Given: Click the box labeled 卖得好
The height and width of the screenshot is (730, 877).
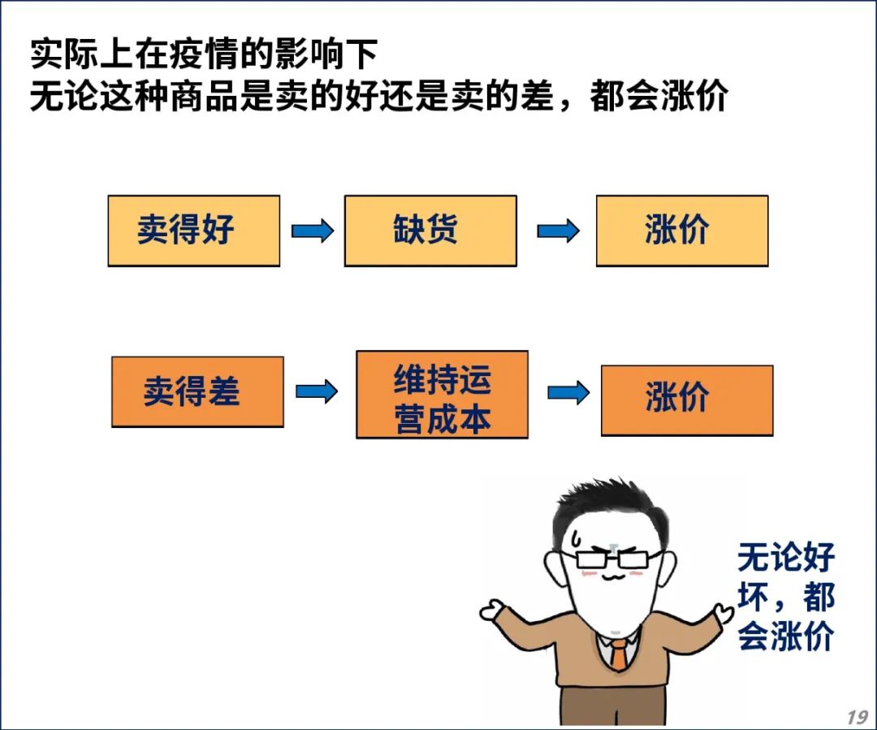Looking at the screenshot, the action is (193, 231).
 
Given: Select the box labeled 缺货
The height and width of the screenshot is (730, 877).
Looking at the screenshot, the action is (430, 231).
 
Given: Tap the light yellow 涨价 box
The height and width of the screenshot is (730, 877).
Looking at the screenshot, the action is (682, 231).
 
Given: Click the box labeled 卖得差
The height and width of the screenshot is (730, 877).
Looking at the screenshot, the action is (197, 391).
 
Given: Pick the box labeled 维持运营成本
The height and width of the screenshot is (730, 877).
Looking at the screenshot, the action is (442, 395).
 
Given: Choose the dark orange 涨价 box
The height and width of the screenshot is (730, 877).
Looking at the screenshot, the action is (687, 400).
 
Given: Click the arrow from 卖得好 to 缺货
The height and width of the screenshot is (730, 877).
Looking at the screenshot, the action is (313, 231).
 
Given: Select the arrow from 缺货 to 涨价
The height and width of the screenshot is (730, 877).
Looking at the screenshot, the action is (558, 231).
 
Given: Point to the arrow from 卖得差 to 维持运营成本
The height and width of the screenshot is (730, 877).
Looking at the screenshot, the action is (317, 391).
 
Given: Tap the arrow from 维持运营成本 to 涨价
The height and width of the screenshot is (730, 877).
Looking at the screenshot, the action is (568, 392).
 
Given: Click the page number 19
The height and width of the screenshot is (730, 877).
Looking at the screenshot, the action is (857, 716).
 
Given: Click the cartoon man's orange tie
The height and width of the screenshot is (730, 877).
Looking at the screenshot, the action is (618, 655).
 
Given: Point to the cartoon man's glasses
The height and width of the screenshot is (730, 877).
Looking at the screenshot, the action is (612, 559).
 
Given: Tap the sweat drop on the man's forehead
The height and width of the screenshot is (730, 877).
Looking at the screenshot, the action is (576, 538).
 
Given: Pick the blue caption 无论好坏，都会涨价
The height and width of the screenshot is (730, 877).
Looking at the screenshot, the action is (786, 596).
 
